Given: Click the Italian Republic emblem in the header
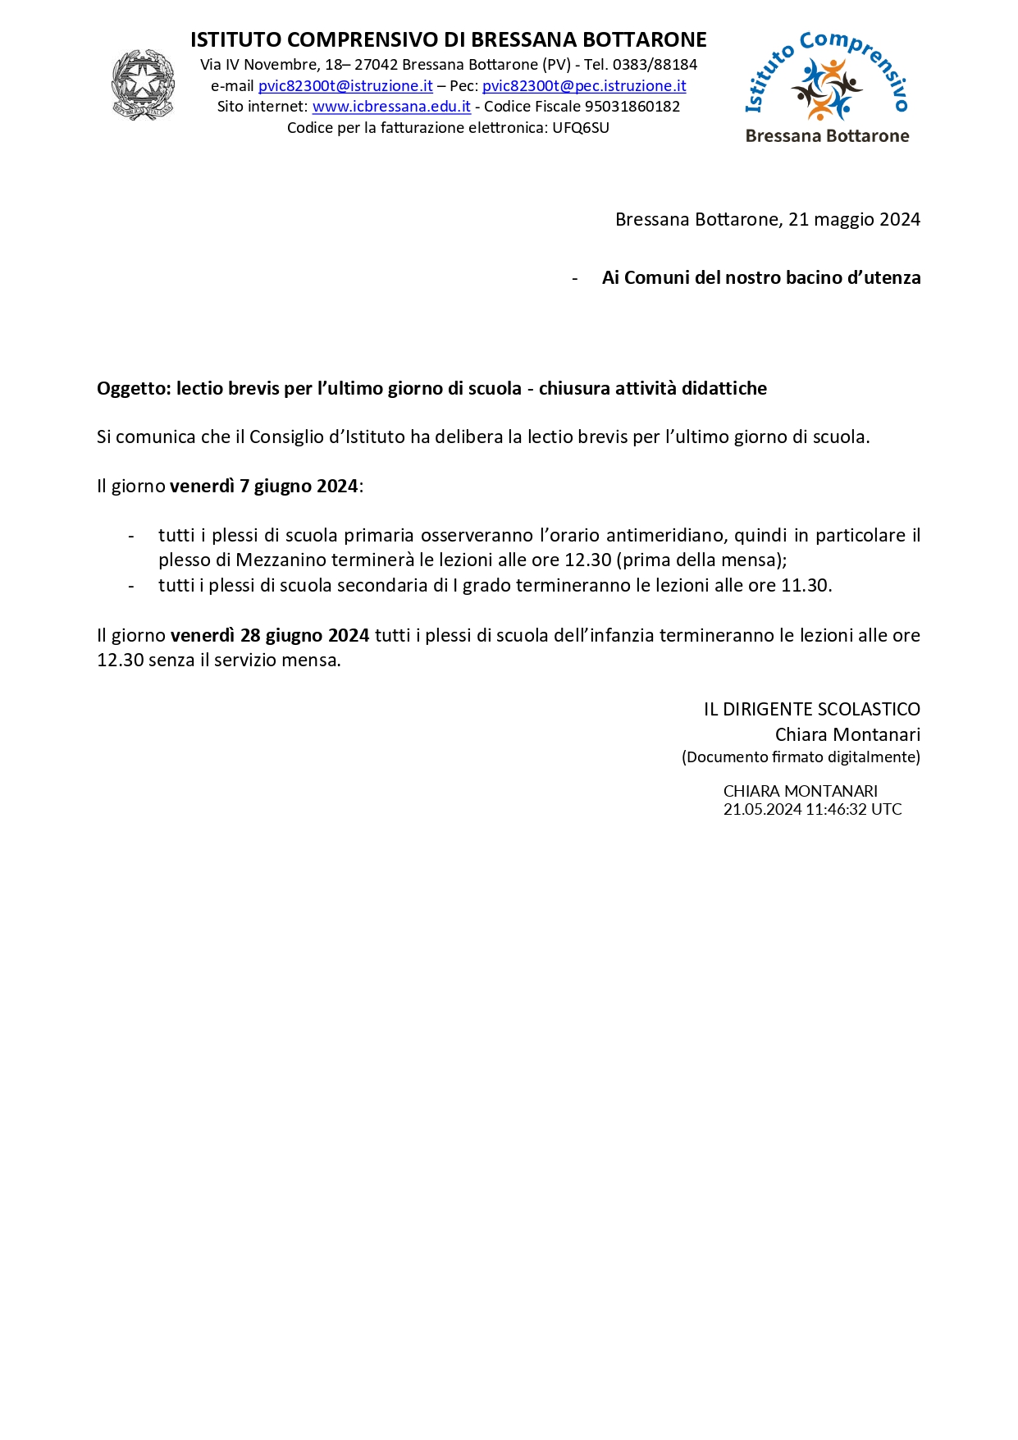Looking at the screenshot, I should [143, 85].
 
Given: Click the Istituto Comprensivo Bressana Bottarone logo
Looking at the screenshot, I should [827, 88].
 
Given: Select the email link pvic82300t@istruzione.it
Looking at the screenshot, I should [345, 86].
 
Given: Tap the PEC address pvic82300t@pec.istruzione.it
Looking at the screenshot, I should [584, 86].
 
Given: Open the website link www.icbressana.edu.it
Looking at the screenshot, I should [391, 107].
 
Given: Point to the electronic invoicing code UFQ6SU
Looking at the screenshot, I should [581, 128].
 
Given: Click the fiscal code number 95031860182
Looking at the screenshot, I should [632, 107].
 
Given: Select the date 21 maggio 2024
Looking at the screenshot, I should [854, 220].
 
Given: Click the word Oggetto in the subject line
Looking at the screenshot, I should [132, 389].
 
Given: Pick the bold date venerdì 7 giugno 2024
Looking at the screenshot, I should [263, 487].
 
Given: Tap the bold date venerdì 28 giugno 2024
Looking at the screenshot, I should [270, 636].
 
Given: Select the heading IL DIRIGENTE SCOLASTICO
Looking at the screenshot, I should [811, 710].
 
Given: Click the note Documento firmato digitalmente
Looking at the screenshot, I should [801, 757].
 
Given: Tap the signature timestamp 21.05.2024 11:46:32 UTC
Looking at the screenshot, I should [812, 810].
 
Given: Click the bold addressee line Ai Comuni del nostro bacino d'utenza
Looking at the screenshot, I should [760, 278].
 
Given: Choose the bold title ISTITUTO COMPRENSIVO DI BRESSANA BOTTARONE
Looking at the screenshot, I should [448, 40].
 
